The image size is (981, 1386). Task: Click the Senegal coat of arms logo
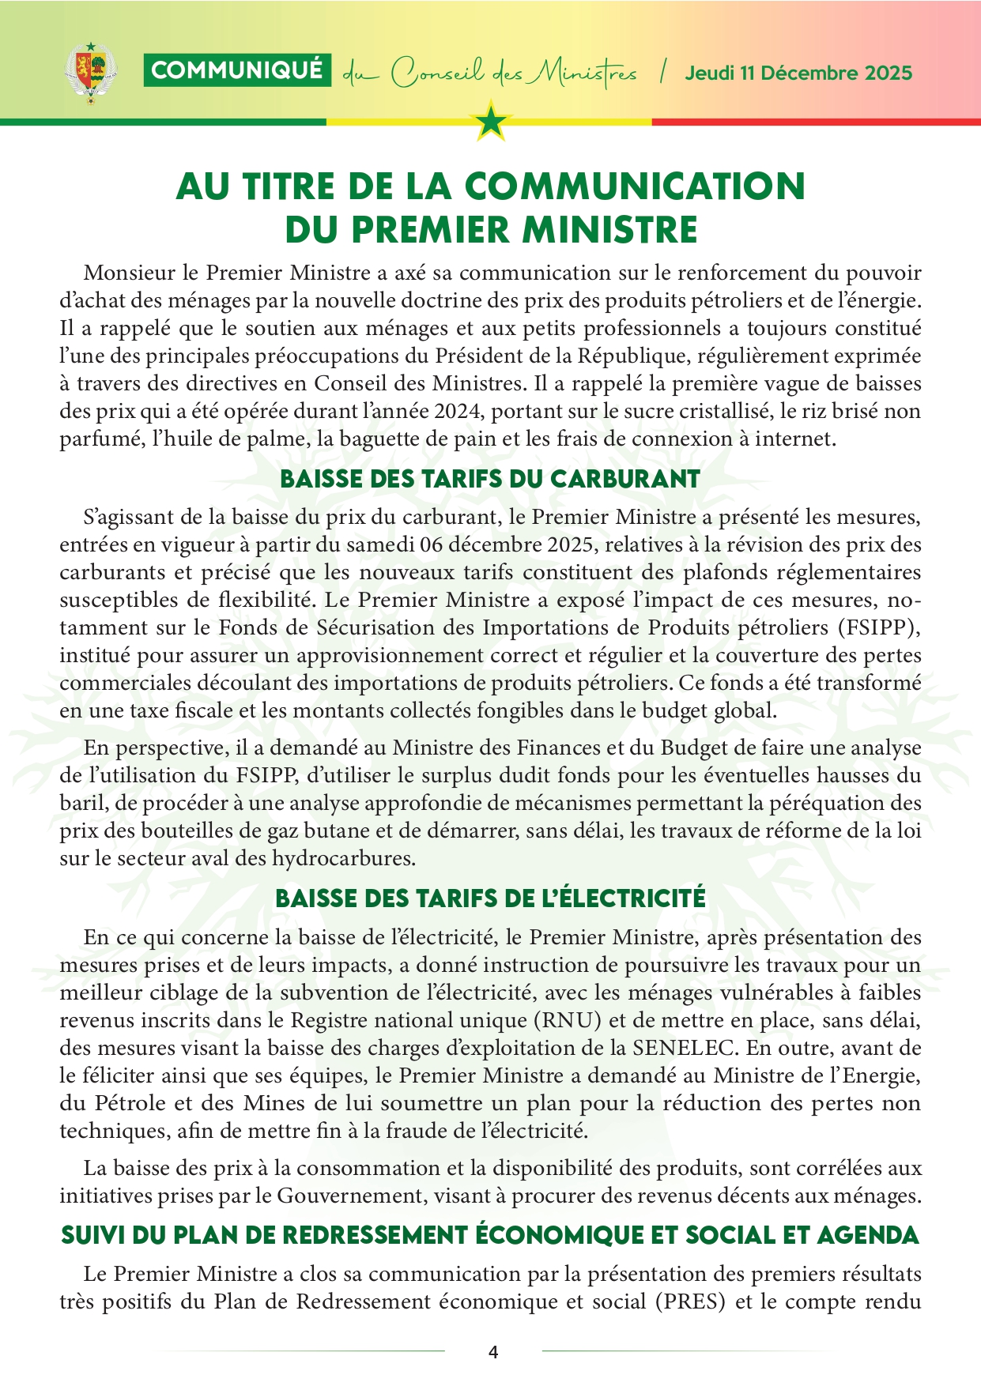pos(90,73)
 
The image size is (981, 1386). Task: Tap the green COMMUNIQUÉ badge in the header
pos(237,70)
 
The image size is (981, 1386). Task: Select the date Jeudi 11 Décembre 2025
pos(798,73)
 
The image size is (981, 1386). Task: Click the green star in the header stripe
pos(492,122)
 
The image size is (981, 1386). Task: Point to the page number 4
pos(493,1352)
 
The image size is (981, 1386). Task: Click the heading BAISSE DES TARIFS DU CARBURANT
pos(490,480)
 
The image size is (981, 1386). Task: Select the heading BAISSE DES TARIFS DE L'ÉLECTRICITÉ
pos(490,899)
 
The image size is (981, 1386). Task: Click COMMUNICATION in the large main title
pos(635,186)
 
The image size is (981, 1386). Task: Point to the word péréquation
pos(810,803)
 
